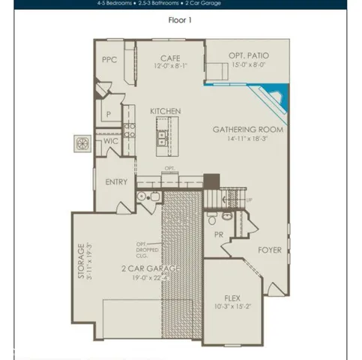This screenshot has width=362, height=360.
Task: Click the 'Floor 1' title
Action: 181,20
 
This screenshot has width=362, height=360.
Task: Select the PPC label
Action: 110,58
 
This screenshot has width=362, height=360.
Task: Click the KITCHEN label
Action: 165,111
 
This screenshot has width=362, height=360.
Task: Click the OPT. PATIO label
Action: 249,56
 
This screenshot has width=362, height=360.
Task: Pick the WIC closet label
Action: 110,140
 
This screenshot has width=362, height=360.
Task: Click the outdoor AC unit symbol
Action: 82,141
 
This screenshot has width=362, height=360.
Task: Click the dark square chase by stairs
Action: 211,181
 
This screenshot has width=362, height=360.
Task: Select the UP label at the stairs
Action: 248,200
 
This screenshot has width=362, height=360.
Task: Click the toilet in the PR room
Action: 214,219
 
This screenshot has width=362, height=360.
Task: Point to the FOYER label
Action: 271,250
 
